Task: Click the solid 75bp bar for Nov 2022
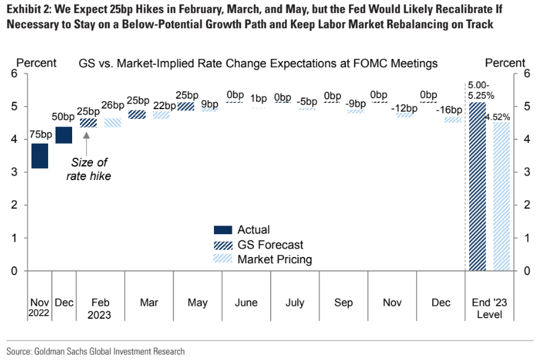click(40, 155)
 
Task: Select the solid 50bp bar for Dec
click(64, 134)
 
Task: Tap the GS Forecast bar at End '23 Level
click(477, 186)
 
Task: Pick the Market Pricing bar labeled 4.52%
click(501, 196)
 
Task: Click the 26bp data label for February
click(112, 105)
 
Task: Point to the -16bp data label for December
click(448, 110)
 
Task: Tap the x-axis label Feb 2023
click(100, 309)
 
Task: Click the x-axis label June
click(246, 303)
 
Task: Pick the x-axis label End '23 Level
click(489, 309)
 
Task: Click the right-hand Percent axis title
click(505, 63)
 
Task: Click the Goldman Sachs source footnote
click(96, 351)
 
